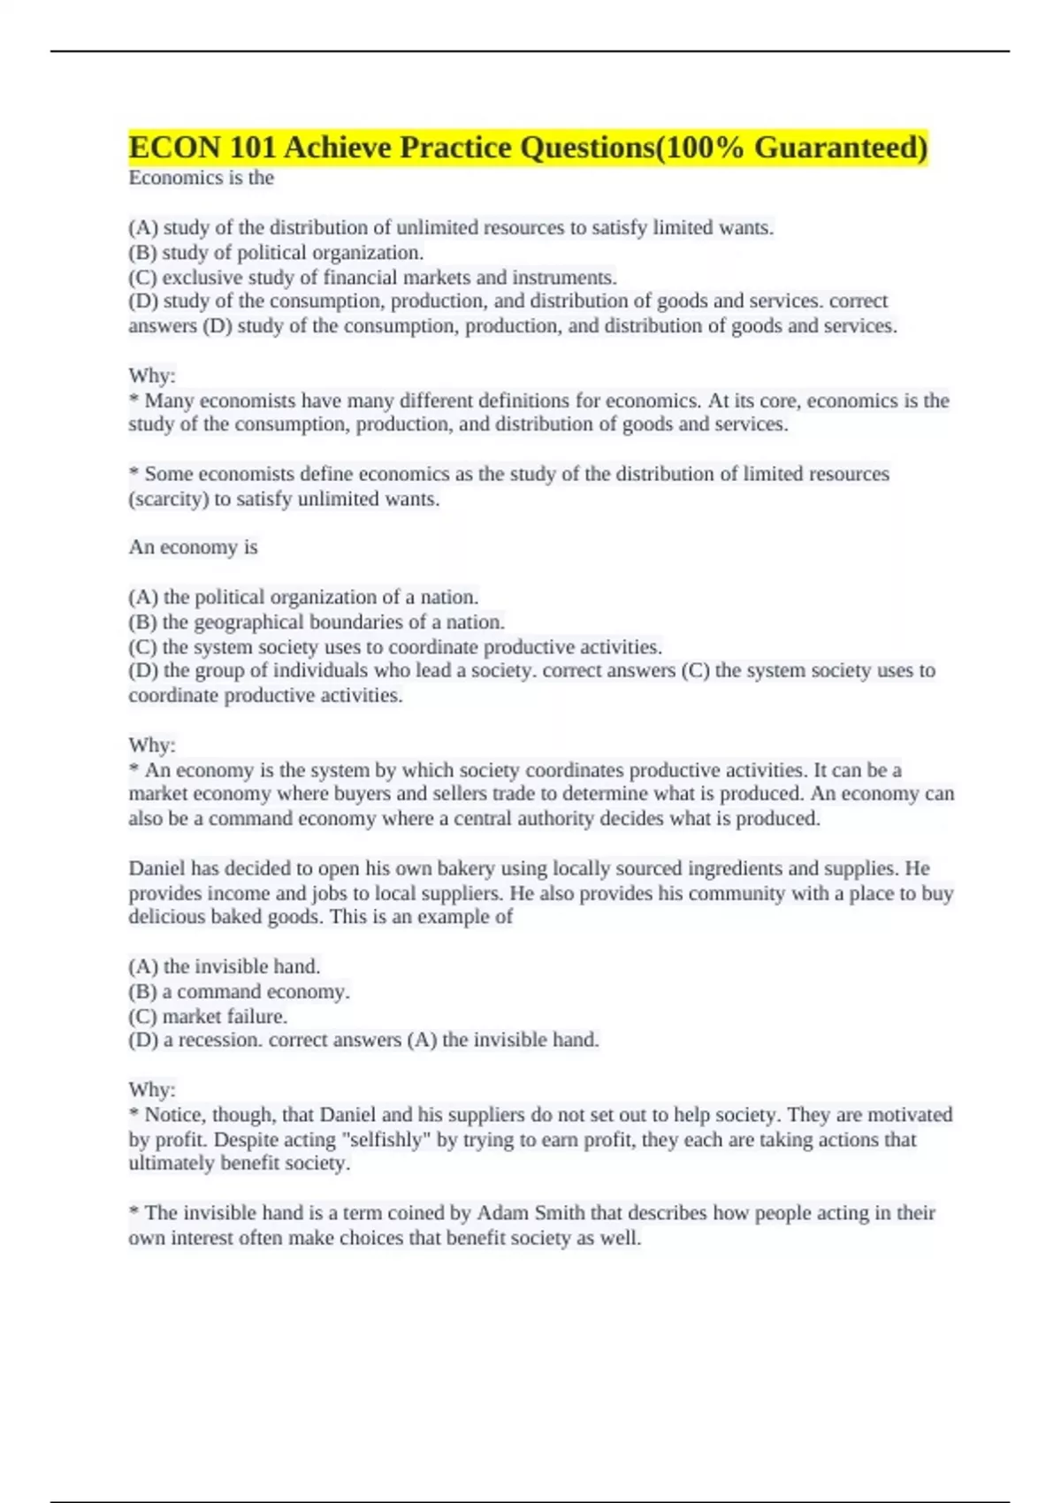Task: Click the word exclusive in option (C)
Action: [x=200, y=278]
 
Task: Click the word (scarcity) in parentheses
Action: [x=169, y=500]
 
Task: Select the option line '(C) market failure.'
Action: [x=208, y=1017]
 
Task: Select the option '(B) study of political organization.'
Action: [x=276, y=253]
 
